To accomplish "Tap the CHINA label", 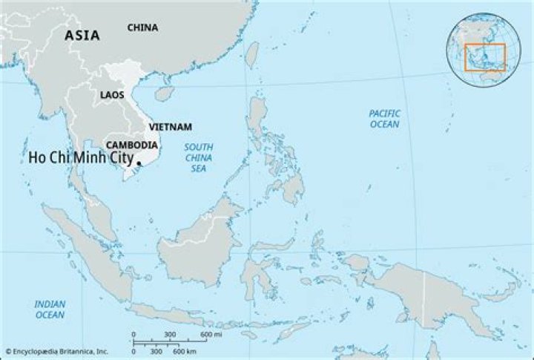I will [142, 27].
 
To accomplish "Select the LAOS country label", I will [112, 95].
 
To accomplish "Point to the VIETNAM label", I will [170, 127].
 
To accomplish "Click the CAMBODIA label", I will [131, 145].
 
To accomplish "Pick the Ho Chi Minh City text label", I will [80, 158].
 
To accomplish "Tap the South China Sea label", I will [199, 158].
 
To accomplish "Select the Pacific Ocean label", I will [385, 119].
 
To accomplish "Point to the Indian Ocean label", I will [50, 310].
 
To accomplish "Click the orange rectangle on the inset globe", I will [485, 57].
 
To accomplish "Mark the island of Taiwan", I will [251, 55].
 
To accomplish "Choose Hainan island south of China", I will [165, 93].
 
